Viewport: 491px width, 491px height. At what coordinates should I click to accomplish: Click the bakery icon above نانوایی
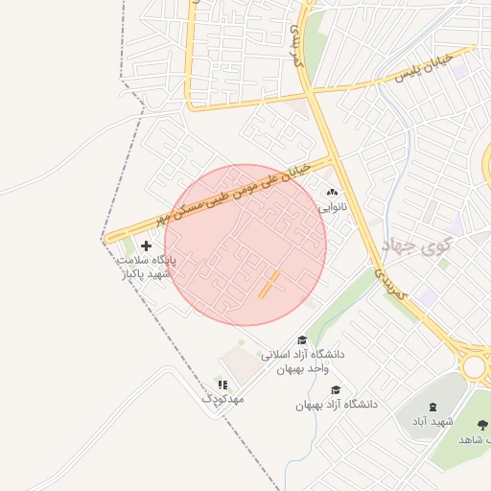(333, 192)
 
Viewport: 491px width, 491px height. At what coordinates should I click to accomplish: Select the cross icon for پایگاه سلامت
(146, 246)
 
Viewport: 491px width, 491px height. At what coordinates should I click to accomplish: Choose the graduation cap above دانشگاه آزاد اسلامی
(302, 340)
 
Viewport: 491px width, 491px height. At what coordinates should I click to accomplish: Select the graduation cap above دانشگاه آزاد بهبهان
(336, 390)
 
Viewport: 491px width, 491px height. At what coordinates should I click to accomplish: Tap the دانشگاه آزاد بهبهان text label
(336, 405)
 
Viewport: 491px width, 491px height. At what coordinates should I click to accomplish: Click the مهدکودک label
(223, 398)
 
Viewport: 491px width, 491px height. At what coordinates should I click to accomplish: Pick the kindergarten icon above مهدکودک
(223, 385)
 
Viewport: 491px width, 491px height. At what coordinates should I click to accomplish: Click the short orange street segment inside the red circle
(269, 284)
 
